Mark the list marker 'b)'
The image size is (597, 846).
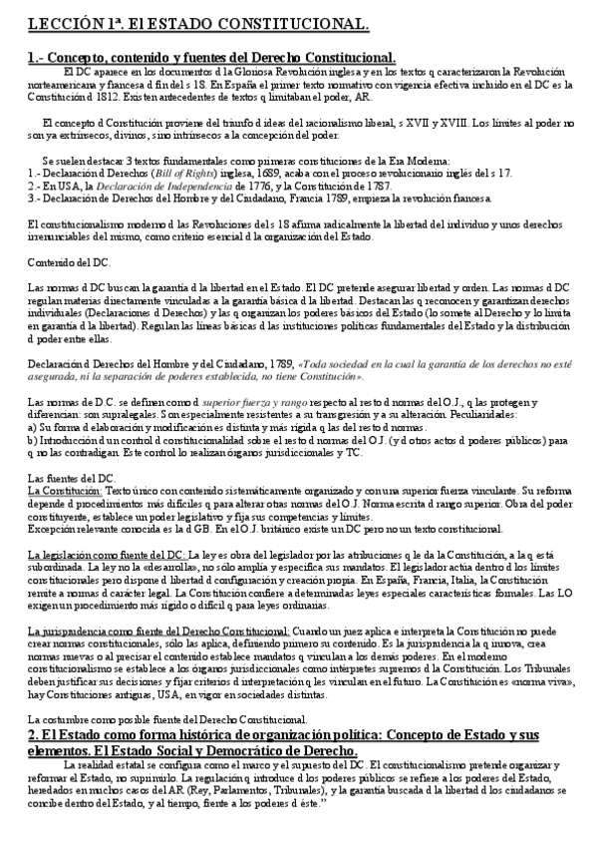click(33, 439)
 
